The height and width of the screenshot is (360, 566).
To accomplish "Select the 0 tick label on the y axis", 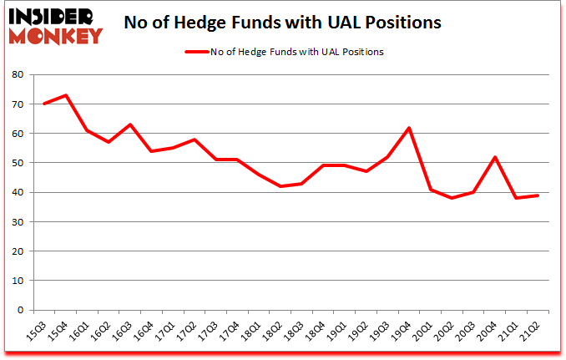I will (x=20, y=310).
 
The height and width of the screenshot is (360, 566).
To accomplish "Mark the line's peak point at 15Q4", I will (x=66, y=95).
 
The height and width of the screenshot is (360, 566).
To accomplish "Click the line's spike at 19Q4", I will (x=409, y=128).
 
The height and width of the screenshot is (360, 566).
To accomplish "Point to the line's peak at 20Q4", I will (x=496, y=157).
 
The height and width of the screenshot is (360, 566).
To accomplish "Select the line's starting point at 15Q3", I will (x=44, y=104).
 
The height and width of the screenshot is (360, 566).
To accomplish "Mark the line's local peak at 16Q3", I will (x=131, y=124).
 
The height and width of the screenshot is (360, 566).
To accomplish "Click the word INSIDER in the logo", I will (x=53, y=16).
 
